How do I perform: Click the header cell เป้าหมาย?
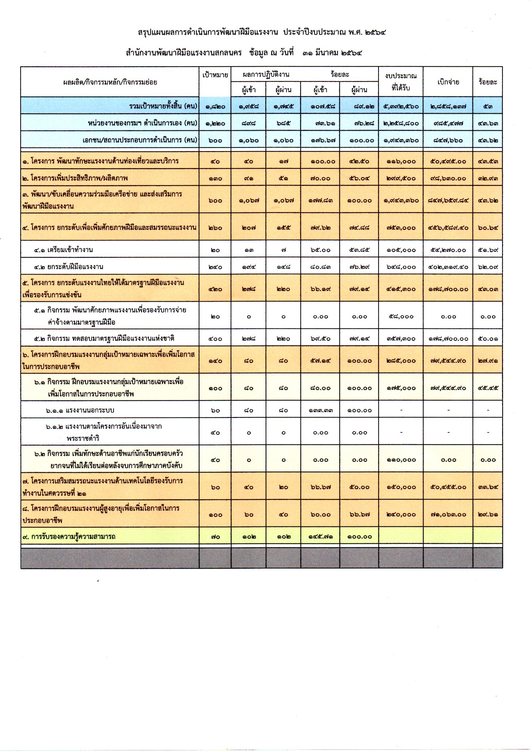pos(215,75)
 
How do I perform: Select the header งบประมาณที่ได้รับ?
pos(401,82)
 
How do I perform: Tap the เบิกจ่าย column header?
pos(448,82)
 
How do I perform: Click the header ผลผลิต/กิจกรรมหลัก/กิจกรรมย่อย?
pos(110,82)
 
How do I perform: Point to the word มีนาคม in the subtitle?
pos(326,52)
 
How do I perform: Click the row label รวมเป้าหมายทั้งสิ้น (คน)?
pos(163,106)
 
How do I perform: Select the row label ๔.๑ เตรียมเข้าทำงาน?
pos(63,250)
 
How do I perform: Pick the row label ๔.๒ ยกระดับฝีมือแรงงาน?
pos(69,267)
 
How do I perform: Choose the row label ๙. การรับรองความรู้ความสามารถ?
pos(69,537)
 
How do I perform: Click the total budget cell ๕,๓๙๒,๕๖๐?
pos(401,106)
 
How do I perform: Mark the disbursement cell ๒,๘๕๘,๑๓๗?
pos(448,106)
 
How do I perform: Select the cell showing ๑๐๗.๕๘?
pos(320,106)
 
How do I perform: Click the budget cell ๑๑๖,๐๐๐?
pos(401,161)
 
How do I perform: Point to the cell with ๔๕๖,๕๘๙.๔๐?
pos(448,228)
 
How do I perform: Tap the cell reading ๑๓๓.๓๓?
pos(320,410)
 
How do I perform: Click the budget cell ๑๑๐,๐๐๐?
pos(401,460)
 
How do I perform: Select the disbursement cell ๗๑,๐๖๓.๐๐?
pos(448,514)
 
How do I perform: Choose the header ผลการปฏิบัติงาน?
pos(266,74)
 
